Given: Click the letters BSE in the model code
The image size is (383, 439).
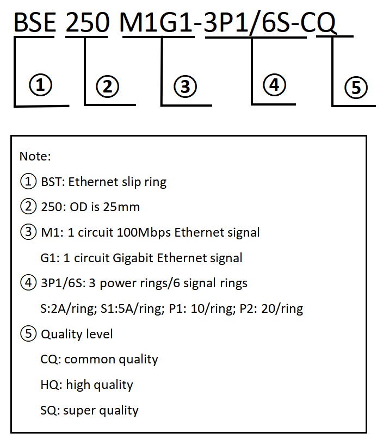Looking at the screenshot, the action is coord(35,22).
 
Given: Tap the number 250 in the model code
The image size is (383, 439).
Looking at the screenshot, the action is coord(87,22).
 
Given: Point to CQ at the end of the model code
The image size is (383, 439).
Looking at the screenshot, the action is coord(318,23).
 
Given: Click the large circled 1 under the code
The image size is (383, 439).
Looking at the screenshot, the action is coord(41,85).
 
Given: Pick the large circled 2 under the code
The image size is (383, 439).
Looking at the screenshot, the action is coord(108,86).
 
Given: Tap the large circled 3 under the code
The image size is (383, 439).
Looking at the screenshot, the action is coord(185,86).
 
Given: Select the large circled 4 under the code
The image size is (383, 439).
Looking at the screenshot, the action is coord(274,85).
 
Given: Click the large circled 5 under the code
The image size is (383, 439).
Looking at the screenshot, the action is coord(356,88).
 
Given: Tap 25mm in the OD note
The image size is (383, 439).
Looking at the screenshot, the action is coord(121,207).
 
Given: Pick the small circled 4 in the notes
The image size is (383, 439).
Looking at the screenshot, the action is coord(28,283).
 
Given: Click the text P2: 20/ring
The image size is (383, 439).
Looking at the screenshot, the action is coord(271,309).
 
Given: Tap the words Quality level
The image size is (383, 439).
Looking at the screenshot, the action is coord(77,335).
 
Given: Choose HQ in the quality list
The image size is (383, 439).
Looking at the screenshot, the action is coord(51,385).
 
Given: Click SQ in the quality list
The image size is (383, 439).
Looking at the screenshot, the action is coord(50,411).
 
